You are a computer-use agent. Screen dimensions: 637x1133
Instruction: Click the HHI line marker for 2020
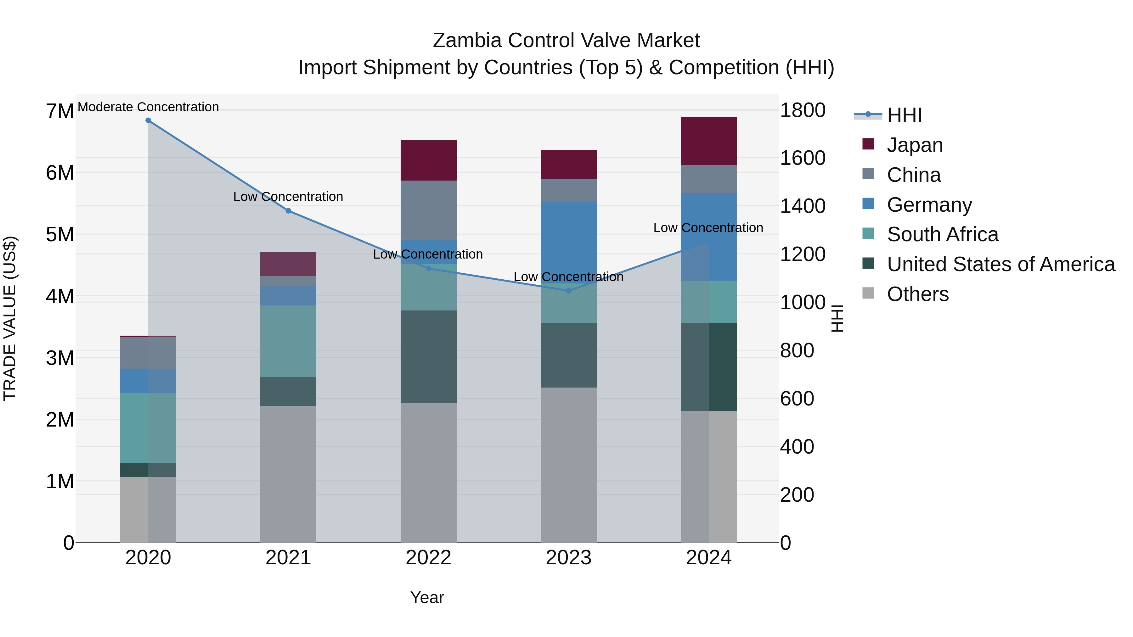148,120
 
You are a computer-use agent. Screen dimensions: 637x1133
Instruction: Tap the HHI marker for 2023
569,291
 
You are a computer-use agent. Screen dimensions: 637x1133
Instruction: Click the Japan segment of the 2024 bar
708,141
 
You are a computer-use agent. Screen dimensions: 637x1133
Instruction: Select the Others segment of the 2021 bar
288,474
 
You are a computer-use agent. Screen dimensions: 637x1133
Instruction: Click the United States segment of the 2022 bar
428,356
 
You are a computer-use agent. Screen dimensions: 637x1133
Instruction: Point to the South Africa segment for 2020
148,428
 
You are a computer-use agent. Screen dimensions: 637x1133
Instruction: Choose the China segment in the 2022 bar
428,210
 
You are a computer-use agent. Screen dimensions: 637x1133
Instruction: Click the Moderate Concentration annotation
148,107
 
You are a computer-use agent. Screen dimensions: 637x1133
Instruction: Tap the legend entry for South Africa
942,234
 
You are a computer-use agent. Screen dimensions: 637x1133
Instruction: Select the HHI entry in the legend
904,115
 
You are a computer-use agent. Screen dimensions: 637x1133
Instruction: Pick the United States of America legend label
1001,264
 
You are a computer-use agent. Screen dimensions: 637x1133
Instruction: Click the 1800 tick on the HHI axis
803,110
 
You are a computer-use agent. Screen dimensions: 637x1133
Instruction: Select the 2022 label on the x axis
428,558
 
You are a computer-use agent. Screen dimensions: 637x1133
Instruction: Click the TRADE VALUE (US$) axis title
10,318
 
